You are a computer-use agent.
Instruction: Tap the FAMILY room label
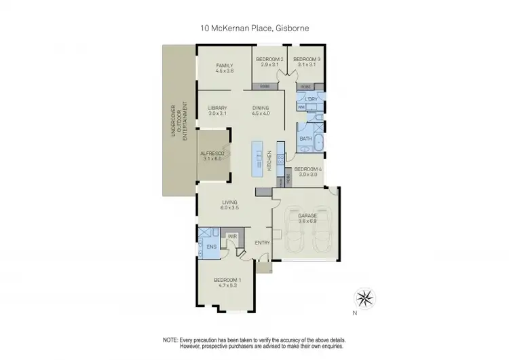[x=225, y=65]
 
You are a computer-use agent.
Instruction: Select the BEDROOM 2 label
[x=269, y=60]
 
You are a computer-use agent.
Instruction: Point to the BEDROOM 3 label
[x=306, y=60]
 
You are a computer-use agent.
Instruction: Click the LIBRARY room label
[x=217, y=108]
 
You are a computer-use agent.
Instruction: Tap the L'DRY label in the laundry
[x=312, y=100]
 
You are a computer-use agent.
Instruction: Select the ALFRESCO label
[x=212, y=154]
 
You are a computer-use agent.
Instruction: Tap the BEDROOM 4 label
[x=308, y=168]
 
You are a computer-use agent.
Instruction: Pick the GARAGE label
[x=307, y=215]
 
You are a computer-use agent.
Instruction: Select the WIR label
[x=231, y=236]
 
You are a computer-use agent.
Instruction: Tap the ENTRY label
[x=262, y=242]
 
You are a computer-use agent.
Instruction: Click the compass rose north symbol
[x=364, y=298]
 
